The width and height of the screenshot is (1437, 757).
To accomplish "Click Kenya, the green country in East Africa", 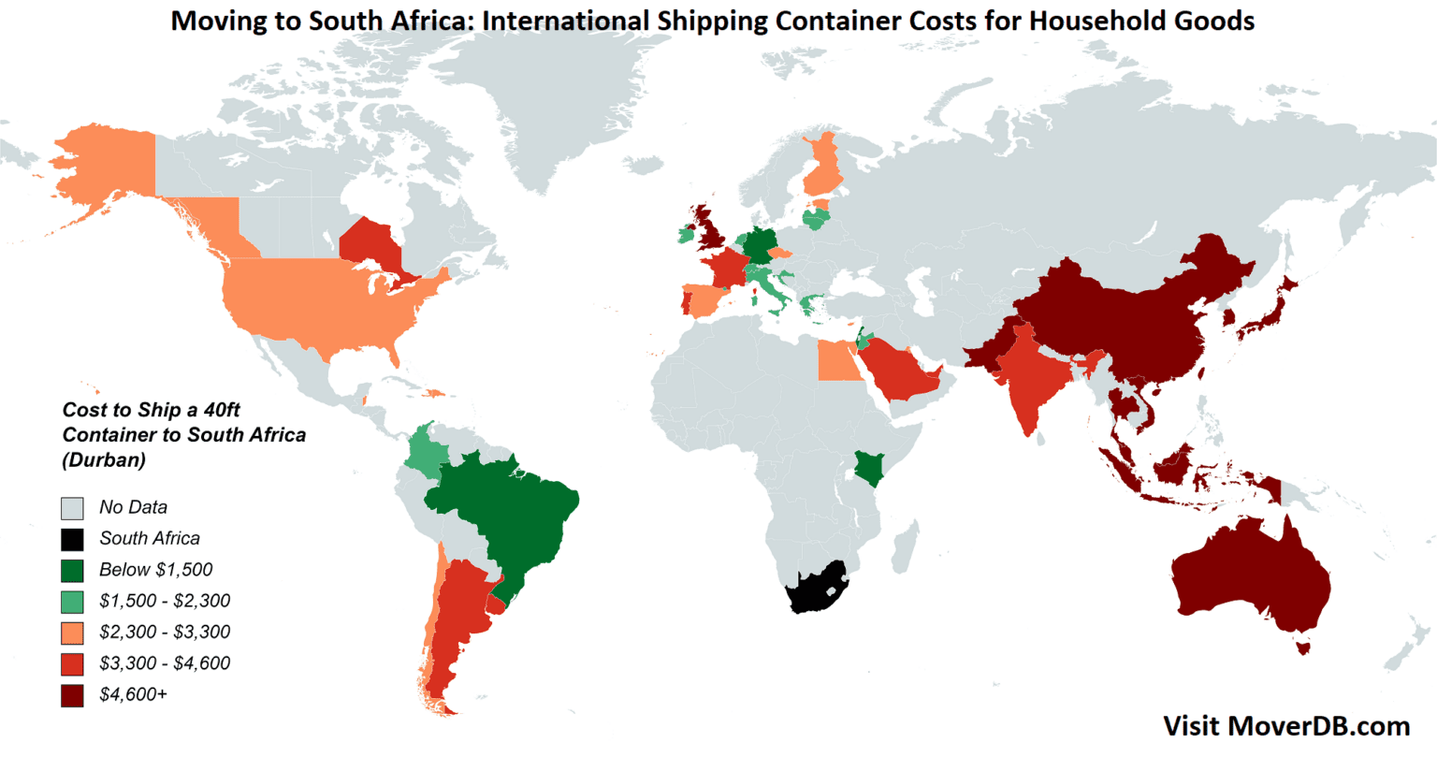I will click(871, 468).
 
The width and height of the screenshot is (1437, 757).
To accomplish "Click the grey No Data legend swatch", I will click(72, 508).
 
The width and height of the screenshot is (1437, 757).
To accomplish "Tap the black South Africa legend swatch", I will click(72, 539).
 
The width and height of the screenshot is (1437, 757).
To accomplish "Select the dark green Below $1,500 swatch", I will click(72, 570).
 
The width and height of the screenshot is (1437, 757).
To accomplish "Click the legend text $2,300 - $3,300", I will click(165, 632).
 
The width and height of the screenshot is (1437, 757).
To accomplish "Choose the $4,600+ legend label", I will click(133, 694).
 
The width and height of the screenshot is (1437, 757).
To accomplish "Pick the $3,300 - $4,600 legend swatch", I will click(72, 663).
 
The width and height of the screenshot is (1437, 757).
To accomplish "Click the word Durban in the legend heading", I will click(104, 460).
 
